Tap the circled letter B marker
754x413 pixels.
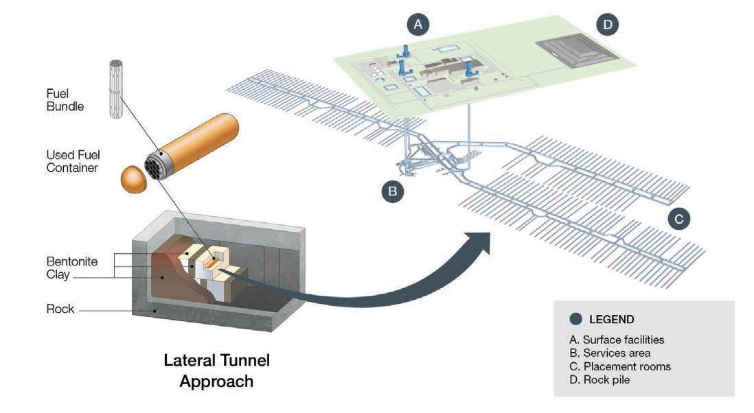click(392, 191)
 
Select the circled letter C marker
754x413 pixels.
click(678, 219)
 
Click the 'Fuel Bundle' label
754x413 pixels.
click(65, 99)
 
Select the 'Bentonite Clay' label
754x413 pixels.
click(72, 268)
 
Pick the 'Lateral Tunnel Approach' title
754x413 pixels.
click(216, 370)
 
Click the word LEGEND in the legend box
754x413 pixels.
click(611, 319)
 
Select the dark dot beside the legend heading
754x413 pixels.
click(576, 319)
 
